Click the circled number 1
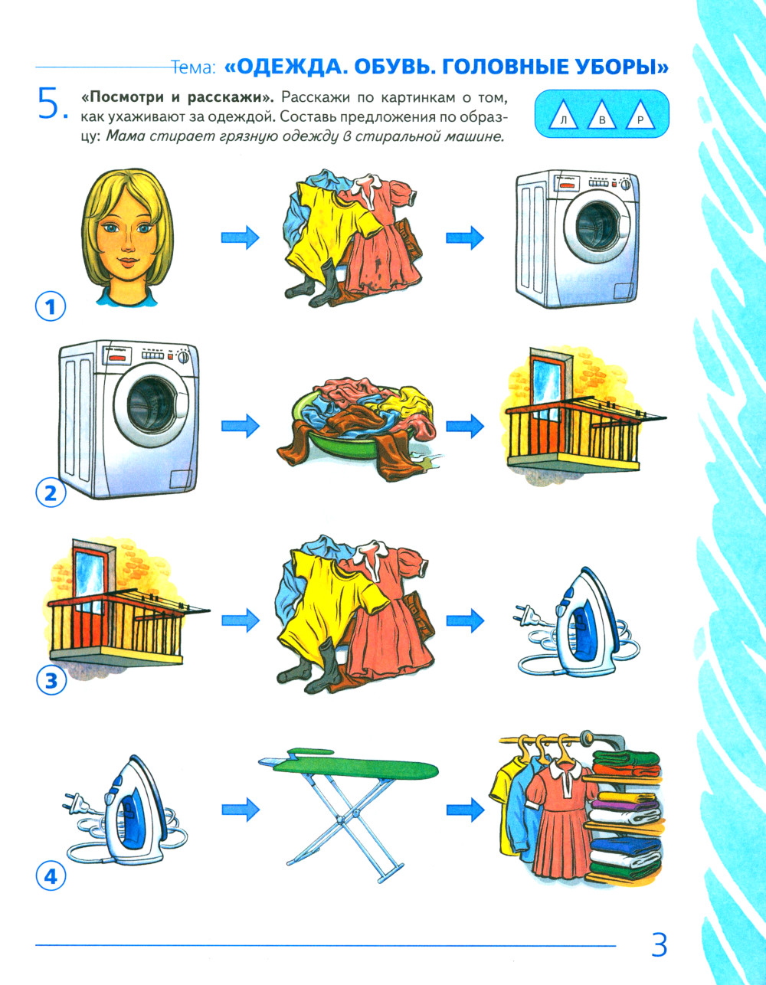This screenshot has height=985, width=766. pos(51,307)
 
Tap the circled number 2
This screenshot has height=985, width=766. pos(51,493)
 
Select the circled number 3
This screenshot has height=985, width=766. pos(51,680)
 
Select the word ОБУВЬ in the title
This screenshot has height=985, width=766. pos(391,67)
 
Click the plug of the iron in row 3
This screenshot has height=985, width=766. pos(524,614)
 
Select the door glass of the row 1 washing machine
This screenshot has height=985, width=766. pos(599,225)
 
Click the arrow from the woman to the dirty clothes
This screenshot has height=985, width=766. pos(240,237)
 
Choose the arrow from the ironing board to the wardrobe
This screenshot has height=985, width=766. pos(465,809)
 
